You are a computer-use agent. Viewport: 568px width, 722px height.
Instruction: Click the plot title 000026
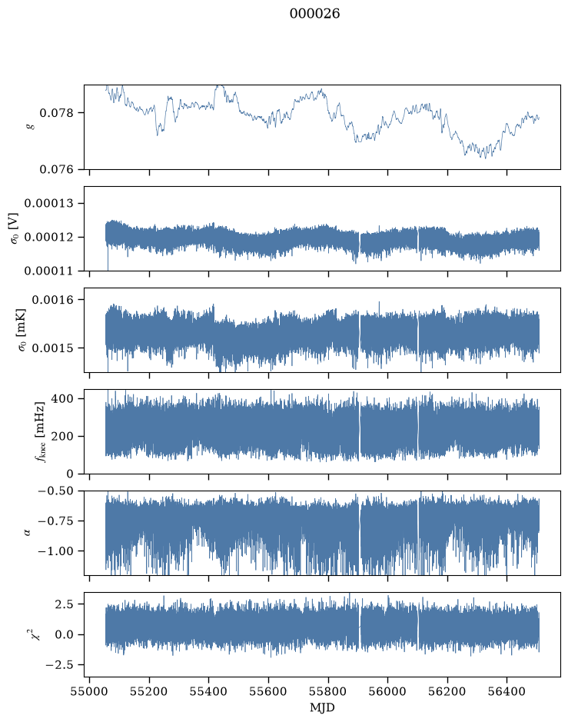tap(315, 14)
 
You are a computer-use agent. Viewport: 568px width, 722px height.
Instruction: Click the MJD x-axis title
tap(322, 707)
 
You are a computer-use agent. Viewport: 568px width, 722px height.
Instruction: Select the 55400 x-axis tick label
tap(208, 691)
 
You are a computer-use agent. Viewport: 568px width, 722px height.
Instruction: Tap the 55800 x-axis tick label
tap(328, 691)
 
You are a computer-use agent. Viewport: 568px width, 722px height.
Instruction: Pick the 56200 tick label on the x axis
tap(447, 691)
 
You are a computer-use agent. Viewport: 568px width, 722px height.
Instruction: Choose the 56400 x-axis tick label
tap(507, 691)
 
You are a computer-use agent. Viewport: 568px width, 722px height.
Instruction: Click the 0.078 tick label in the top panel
tap(56, 113)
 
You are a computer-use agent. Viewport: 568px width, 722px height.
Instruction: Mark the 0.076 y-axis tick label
tap(56, 169)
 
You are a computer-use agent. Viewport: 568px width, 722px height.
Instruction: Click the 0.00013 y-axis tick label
tap(48, 204)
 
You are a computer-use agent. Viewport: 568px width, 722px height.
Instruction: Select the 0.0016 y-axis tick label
tap(52, 300)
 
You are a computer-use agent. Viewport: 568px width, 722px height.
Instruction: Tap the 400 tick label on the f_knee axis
tap(62, 399)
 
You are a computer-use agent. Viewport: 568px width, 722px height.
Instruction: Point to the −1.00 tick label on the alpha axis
tap(55, 551)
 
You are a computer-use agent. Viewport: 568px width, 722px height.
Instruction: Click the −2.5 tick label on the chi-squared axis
tap(59, 665)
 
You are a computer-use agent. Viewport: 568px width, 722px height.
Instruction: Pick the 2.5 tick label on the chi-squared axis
tap(64, 604)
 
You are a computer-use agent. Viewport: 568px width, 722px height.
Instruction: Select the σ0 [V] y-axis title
tap(15, 228)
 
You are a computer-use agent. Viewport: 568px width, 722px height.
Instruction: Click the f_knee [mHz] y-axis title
tap(41, 431)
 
